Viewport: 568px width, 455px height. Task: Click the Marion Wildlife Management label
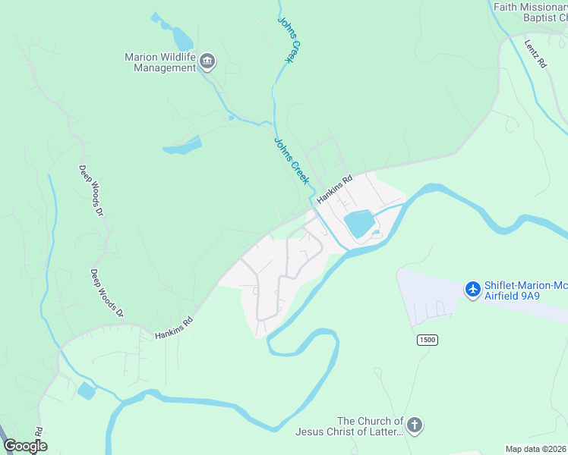pyautogui.click(x=160, y=62)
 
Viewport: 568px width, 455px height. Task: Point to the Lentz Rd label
pyautogui.click(x=535, y=53)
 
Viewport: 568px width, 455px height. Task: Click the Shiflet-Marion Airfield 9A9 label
pyautogui.click(x=526, y=290)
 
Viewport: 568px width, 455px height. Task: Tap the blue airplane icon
pyautogui.click(x=473, y=289)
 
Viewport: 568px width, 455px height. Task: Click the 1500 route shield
pyautogui.click(x=427, y=340)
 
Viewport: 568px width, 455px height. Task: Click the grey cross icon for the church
pyautogui.click(x=414, y=425)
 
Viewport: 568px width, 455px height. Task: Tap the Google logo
pyautogui.click(x=25, y=446)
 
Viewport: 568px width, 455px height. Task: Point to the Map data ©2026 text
pyautogui.click(x=535, y=449)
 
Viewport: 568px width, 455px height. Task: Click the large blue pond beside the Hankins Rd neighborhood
pyautogui.click(x=359, y=224)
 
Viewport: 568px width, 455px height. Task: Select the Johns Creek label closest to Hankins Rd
pyautogui.click(x=292, y=161)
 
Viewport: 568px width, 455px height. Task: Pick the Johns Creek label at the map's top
pyautogui.click(x=286, y=39)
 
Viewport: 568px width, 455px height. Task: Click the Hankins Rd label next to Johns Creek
pyautogui.click(x=335, y=190)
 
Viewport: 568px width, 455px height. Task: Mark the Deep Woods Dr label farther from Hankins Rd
pyautogui.click(x=90, y=190)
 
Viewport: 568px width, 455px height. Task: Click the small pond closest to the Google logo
pyautogui.click(x=86, y=391)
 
